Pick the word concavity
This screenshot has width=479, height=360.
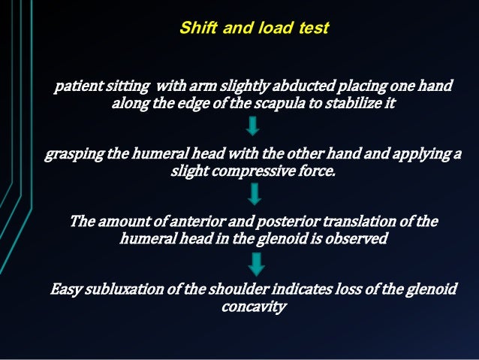tap(255, 307)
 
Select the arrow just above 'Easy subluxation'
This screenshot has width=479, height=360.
tap(258, 263)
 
